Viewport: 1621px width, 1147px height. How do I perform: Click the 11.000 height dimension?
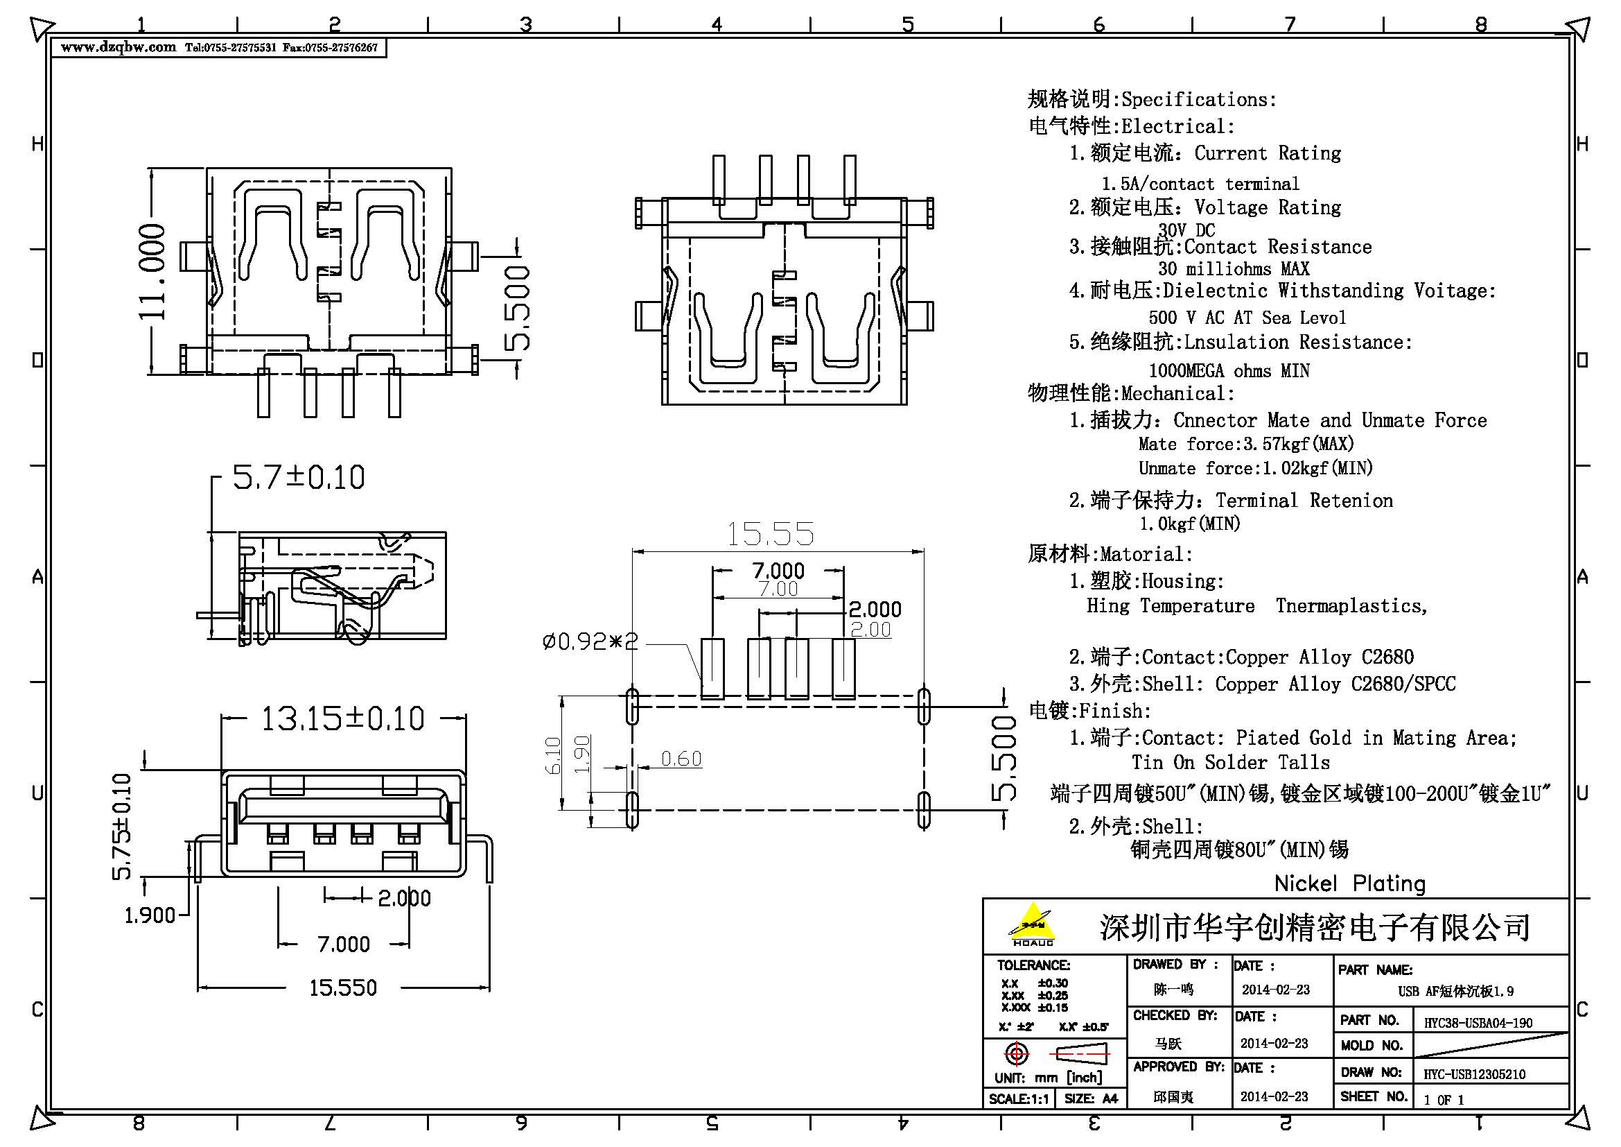coord(152,271)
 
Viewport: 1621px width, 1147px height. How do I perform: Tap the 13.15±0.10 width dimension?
coord(343,719)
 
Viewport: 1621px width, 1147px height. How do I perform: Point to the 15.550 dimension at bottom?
coord(343,988)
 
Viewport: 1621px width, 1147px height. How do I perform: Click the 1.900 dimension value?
coord(150,916)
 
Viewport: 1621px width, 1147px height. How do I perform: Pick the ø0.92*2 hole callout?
coord(590,641)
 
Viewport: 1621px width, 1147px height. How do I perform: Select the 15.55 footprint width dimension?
coord(770,534)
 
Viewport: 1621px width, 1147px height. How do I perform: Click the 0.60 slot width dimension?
coord(681,759)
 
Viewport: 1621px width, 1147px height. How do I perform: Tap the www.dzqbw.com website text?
coord(119,47)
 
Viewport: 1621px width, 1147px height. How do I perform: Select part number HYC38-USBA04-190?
coord(1478,1022)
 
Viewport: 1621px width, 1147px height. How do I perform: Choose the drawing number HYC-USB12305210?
coord(1474,1074)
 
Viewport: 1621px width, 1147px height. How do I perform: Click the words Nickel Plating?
coord(1349,883)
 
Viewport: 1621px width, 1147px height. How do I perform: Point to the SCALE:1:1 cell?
coord(1019,1099)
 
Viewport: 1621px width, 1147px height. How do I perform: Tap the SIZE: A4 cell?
coord(1090,1099)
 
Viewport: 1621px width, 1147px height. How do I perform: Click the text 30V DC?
coord(1186,230)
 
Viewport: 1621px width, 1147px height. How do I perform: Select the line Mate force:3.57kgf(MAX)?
coord(1246,445)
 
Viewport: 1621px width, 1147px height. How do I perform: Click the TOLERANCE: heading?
coord(1033,965)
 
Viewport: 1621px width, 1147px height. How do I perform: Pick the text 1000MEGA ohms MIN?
coord(1229,371)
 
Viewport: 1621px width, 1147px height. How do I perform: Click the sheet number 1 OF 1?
coord(1443,1100)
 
